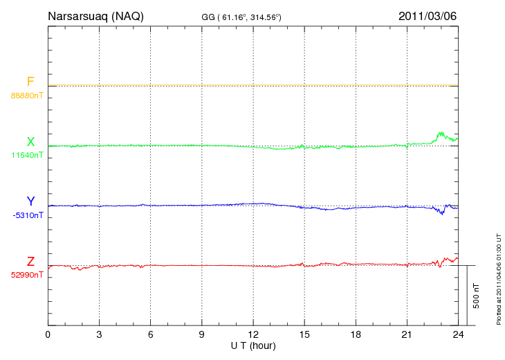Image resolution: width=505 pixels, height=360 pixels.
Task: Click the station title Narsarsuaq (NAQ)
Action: [x=95, y=16]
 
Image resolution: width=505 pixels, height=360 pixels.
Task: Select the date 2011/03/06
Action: [x=428, y=16]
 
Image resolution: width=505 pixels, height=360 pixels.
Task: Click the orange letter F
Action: [x=30, y=82]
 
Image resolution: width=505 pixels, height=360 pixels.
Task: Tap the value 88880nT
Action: [x=27, y=96]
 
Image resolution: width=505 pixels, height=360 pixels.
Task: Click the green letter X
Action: [x=30, y=142]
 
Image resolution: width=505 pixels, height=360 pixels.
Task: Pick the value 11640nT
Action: [x=27, y=155]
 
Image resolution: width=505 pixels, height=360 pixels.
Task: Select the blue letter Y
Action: [x=30, y=201]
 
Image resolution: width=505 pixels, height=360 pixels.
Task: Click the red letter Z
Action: [x=30, y=261]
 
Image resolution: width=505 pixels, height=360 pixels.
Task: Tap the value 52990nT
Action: [x=27, y=275]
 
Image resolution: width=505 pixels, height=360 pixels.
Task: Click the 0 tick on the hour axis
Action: [x=48, y=335]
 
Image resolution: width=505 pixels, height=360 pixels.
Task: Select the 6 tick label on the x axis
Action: [x=150, y=335]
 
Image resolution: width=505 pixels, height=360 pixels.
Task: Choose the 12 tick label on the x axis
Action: [x=252, y=335]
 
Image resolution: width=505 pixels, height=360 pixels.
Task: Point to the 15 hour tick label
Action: [x=304, y=335]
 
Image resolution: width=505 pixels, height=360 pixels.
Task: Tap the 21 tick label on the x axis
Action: [x=406, y=335]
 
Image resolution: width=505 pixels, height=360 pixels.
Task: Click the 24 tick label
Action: [x=457, y=335]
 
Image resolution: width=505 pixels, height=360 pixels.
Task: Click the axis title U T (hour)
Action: [x=252, y=345]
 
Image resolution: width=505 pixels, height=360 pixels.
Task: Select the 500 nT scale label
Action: [x=477, y=296]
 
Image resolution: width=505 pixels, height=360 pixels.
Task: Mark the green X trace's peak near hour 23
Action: [x=439, y=132]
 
